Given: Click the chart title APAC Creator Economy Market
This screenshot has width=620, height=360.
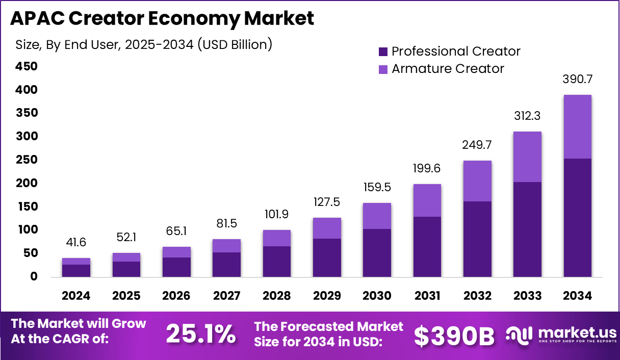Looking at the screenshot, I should pyautogui.click(x=162, y=19).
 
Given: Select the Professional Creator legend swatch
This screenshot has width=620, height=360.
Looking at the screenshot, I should pyautogui.click(x=383, y=52).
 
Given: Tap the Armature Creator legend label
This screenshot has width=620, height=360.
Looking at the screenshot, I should pyautogui.click(x=448, y=69).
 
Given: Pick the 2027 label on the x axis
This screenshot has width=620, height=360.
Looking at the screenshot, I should pyautogui.click(x=226, y=296).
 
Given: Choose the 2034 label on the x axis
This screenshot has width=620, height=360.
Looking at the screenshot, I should pyautogui.click(x=577, y=296).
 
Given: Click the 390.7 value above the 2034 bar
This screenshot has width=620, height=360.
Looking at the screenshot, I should pyautogui.click(x=577, y=79).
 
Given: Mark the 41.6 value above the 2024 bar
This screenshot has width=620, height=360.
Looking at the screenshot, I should pyautogui.click(x=76, y=243).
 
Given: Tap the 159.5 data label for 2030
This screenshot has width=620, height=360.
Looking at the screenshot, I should pyautogui.click(x=377, y=188).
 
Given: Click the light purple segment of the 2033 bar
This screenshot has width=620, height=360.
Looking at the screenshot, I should pyautogui.click(x=527, y=157).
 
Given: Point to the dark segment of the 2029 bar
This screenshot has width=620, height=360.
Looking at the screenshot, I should pyautogui.click(x=327, y=258).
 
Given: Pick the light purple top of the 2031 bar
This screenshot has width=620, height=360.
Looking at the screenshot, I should pyautogui.click(x=427, y=200).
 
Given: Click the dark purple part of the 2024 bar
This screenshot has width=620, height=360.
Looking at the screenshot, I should pyautogui.click(x=76, y=271).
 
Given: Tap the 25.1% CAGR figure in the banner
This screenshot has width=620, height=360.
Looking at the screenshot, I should pyautogui.click(x=201, y=334).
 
